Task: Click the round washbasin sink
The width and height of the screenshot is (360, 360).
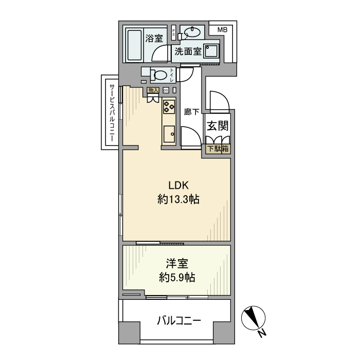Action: pyautogui.click(x=191, y=32)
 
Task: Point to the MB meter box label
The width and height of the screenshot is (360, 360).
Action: pyautogui.click(x=222, y=29)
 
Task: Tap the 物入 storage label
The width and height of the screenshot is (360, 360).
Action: pyautogui.click(x=153, y=90)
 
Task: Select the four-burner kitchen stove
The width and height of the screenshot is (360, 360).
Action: pyautogui.click(x=169, y=105)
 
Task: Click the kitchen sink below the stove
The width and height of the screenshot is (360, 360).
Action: pyautogui.click(x=169, y=135)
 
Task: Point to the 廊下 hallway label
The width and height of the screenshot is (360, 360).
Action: pyautogui.click(x=192, y=111)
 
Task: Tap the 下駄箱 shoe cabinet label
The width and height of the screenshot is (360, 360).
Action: pyautogui.click(x=218, y=149)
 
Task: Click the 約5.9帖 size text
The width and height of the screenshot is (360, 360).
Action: pyautogui.click(x=176, y=278)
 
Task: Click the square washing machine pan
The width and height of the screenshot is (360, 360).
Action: pyautogui.click(x=211, y=51)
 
